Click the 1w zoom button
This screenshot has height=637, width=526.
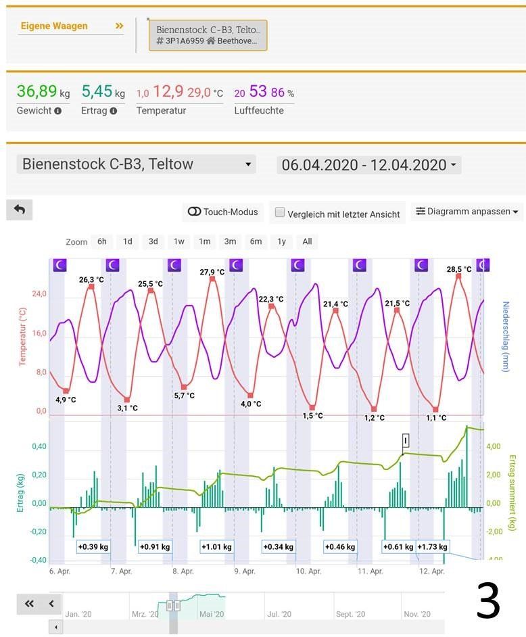tap(178, 241)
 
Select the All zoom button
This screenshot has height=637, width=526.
tap(307, 241)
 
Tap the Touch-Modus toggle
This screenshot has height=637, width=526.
tap(222, 212)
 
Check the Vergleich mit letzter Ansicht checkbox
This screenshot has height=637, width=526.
tap(280, 213)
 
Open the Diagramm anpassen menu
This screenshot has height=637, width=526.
tap(467, 212)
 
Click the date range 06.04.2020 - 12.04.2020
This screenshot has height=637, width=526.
tap(368, 164)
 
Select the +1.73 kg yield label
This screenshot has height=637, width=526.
tap(433, 546)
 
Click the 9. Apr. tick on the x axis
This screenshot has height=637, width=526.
tap(246, 571)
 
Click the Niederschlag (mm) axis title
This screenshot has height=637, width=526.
tap(505, 335)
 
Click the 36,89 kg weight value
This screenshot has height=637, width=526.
tap(43, 91)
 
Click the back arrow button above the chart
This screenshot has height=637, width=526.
tap(19, 210)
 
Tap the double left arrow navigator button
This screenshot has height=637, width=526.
tap(29, 604)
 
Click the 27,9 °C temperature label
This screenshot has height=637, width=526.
tap(212, 272)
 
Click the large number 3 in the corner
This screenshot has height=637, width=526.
tap(487, 600)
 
